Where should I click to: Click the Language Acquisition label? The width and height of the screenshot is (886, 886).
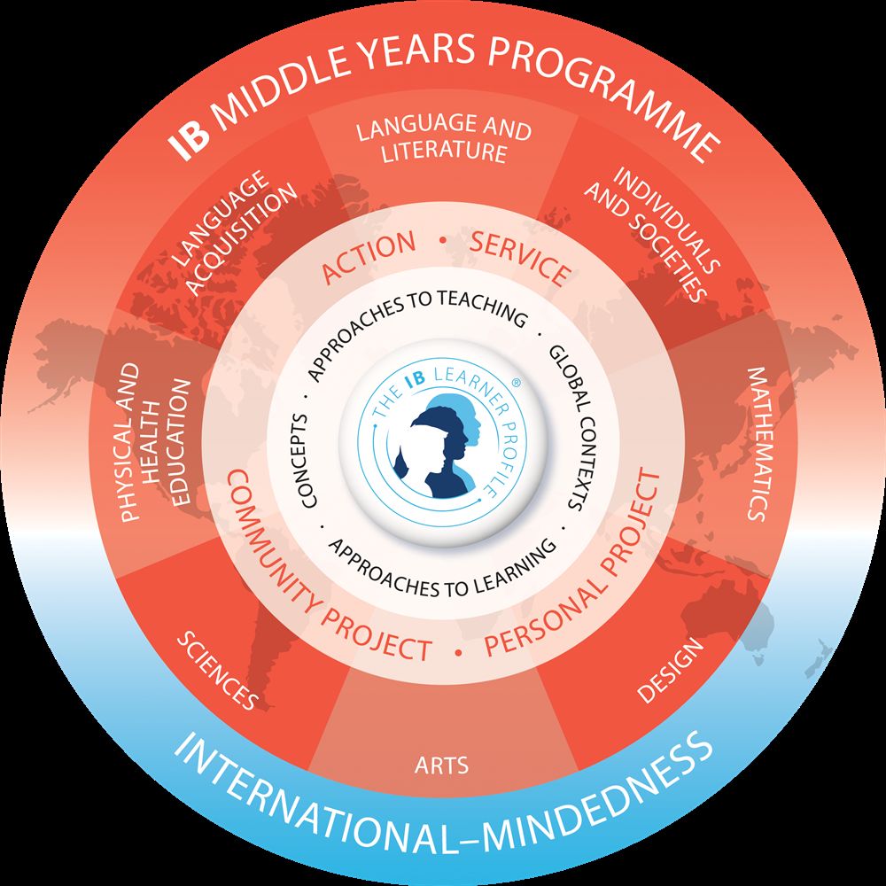pos(234,231)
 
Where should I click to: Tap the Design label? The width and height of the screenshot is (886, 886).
pos(671,671)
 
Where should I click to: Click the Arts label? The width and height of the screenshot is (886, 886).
pos(441,766)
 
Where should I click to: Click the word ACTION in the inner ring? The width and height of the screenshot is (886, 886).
pos(369,256)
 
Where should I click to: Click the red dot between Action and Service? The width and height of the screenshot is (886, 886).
pos(443,241)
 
